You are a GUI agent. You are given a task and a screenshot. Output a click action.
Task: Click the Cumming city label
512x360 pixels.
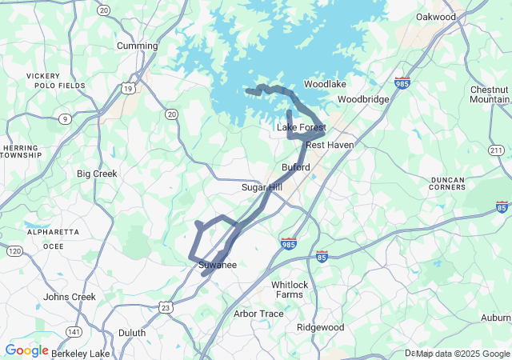tap(137, 46)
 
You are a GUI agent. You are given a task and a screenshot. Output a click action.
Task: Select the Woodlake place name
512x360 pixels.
tap(325, 84)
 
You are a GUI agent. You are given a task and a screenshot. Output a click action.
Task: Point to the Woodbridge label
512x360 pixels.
tap(362, 99)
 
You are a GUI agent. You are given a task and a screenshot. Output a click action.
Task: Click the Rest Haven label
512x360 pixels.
tap(329, 145)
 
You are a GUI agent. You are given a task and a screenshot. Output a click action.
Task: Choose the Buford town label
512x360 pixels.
tap(295, 167)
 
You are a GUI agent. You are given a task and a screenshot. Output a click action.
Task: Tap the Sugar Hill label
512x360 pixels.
tap(262, 187)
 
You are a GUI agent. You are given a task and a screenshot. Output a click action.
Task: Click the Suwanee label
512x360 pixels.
tap(213, 266)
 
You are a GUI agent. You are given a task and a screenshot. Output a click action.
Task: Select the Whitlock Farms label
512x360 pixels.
tap(289, 290)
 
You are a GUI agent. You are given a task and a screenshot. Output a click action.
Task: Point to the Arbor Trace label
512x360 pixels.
tap(258, 314)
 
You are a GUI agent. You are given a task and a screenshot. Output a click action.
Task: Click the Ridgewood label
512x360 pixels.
tap(320, 327)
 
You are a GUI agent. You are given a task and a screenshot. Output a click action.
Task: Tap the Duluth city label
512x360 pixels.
tap(132, 333)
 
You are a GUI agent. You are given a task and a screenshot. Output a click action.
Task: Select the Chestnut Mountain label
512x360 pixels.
tap(490, 94)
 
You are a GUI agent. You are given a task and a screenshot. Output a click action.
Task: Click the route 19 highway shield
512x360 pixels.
tap(128, 88)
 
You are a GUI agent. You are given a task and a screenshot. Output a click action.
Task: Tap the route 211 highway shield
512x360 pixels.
tap(496, 150)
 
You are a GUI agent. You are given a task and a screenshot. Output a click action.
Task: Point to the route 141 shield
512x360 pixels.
tap(74, 332)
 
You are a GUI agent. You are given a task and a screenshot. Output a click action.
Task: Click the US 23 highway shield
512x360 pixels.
tap(166, 307)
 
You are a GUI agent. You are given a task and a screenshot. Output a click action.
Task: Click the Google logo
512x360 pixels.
tap(26, 350)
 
